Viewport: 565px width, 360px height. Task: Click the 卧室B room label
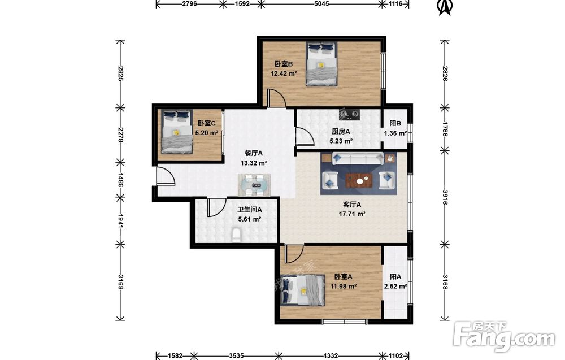point(284,64)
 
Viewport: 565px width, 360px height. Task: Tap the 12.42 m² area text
point(284,73)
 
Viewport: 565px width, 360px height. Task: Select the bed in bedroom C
point(176,131)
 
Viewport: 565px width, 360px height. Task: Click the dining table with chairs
point(254,184)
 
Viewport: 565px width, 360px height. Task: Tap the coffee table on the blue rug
point(359,180)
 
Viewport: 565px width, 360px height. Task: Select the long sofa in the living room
point(358,158)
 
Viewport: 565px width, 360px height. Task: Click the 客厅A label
point(352,205)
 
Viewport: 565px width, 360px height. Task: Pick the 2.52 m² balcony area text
point(395,287)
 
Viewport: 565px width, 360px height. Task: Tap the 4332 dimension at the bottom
point(330,355)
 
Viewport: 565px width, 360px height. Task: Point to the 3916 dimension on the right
point(445,197)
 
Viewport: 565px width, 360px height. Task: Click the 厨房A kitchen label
point(341,132)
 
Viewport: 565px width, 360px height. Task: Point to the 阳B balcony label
point(395,123)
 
